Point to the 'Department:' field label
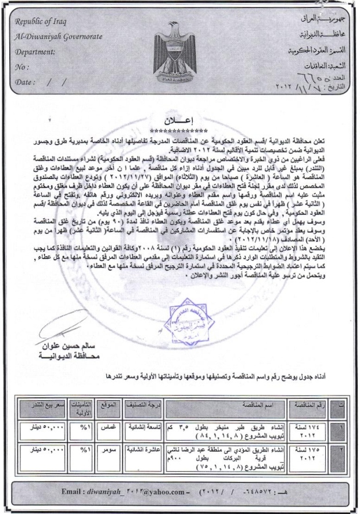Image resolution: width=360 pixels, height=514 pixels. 35,51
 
